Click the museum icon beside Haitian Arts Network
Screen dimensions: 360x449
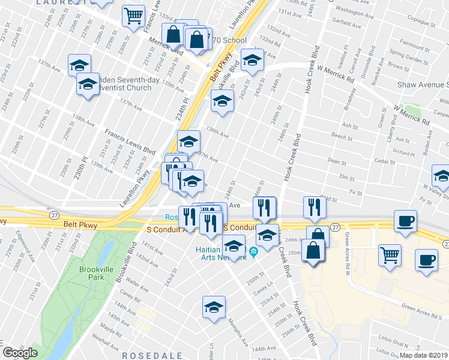coord(254,251)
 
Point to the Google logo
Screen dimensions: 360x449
coord(20,353)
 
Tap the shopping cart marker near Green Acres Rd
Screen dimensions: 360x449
coord(390,254)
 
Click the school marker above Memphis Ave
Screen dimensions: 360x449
coord(214,307)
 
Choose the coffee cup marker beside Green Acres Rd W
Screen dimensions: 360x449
coord(406,220)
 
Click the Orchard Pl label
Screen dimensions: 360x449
coord(403,154)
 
